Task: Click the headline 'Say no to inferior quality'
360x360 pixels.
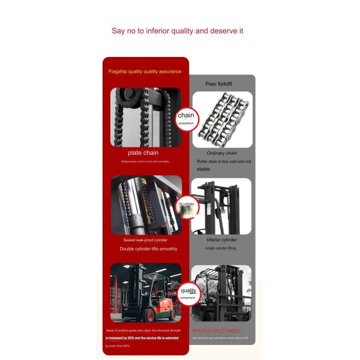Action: click(x=177, y=31)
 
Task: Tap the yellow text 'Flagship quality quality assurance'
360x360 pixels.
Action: click(x=145, y=71)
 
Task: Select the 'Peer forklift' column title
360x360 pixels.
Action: click(x=219, y=84)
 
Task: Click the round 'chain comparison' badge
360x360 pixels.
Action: click(x=185, y=117)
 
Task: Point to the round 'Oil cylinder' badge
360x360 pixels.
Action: click(x=185, y=205)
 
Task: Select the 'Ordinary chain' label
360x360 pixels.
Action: click(x=221, y=153)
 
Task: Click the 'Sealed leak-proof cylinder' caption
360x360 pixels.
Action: click(x=145, y=240)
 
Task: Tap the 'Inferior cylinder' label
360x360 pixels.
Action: click(x=221, y=240)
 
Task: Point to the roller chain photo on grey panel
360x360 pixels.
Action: click(x=222, y=119)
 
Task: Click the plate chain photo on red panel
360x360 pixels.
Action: click(x=145, y=117)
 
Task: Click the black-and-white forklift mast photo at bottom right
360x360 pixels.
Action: click(x=221, y=293)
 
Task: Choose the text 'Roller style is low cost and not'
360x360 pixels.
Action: click(x=224, y=161)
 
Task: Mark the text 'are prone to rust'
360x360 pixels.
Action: click(x=221, y=338)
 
